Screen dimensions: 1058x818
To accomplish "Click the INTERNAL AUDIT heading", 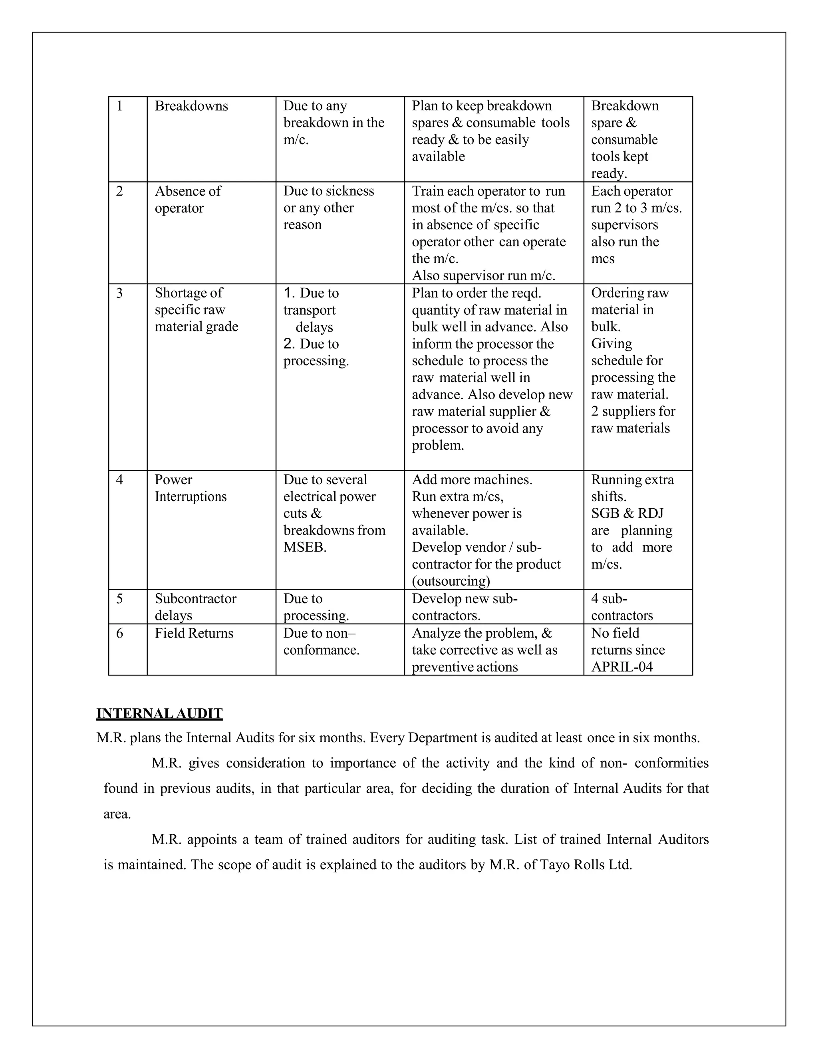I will coord(159,713).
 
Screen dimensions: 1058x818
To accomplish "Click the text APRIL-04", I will coord(622,667).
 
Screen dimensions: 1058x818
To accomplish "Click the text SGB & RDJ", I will coord(627,513).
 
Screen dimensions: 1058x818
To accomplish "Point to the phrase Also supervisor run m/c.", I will coord(483,275).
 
